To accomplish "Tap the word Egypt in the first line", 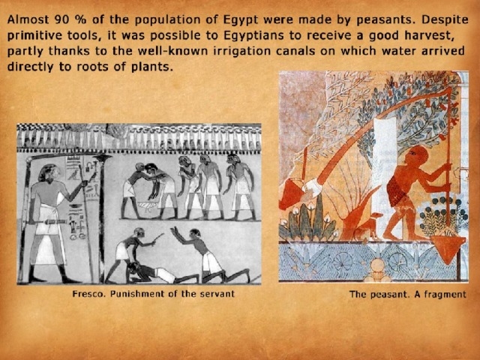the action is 240,21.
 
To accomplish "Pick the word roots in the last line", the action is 92,67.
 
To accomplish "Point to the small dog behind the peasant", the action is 368,226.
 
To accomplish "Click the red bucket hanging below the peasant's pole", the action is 448,248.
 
